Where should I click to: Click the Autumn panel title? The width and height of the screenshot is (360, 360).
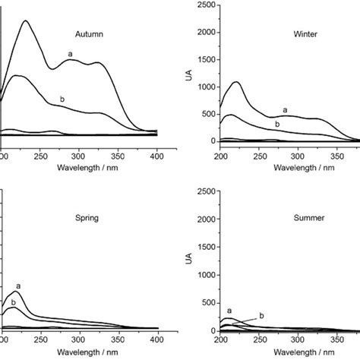[x=89, y=33]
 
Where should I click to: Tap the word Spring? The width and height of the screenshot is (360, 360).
[x=89, y=216]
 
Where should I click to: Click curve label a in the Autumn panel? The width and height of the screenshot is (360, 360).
[x=70, y=53]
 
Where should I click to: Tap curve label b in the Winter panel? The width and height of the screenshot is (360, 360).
[x=277, y=124]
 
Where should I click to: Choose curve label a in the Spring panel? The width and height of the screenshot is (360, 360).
[x=18, y=286]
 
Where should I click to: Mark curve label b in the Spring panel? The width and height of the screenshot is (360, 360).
[x=13, y=302]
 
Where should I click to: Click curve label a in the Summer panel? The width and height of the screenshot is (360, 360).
[x=229, y=310]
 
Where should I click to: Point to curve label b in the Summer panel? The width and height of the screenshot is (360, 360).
[x=262, y=315]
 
